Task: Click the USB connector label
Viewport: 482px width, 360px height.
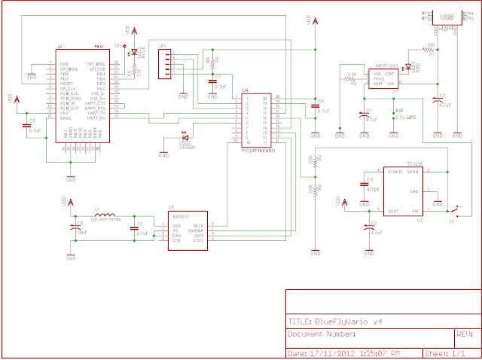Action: tap(447, 15)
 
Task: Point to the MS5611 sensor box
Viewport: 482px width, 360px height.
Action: tap(188, 230)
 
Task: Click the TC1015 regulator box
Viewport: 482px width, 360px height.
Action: tap(405, 192)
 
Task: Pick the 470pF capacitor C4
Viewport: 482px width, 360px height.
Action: tap(365, 185)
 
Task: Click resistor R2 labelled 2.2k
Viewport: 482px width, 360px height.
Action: tap(352, 78)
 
